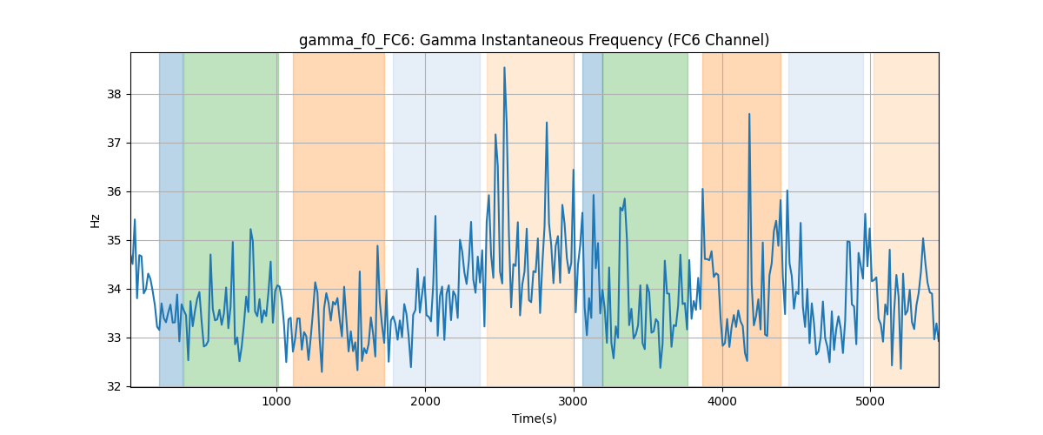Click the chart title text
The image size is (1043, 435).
pos(534,40)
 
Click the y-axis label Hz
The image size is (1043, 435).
pos(95,221)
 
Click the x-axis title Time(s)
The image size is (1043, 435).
pos(534,418)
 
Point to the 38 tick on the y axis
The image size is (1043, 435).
pos(114,95)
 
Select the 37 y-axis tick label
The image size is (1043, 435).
pos(114,144)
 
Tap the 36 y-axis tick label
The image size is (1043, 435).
pos(114,192)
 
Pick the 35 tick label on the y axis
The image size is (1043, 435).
pos(114,241)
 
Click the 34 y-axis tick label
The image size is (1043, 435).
pos(114,290)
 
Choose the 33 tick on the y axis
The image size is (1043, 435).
pos(114,338)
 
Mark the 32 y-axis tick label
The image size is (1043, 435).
pos(114,386)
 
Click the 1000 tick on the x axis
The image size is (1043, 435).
pos(276,401)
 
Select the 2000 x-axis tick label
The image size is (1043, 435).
pos(425,401)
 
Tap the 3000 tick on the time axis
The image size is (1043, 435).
pos(574,401)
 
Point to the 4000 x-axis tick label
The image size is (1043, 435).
pos(722,401)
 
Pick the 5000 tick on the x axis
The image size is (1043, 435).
pos(870,401)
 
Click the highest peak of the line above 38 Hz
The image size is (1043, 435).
pos(504,68)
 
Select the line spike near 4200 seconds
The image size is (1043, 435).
pos(749,114)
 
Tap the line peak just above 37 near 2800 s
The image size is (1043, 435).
pos(547,123)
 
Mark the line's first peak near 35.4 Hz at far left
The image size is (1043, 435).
pos(135,219)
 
